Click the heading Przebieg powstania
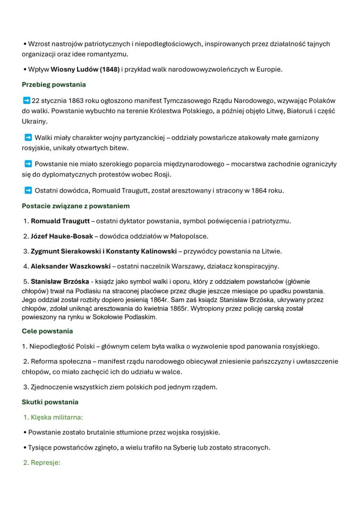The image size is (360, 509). tap(53, 84)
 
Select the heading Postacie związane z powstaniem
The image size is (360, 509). tap(76, 206)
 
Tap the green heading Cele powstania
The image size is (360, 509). tap(47, 331)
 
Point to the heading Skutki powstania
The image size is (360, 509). tap(50, 402)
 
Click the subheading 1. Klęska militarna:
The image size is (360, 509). tap(53, 417)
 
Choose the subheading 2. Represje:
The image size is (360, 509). tap(41, 462)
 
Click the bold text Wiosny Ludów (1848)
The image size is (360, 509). tap(85, 69)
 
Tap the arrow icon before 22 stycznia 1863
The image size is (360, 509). tap(26, 100)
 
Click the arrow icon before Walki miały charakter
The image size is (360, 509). tap(28, 138)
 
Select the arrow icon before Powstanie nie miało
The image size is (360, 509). tap(28, 164)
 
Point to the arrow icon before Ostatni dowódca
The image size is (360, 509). tap(28, 190)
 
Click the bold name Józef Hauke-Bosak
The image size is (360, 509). tap(62, 236)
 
